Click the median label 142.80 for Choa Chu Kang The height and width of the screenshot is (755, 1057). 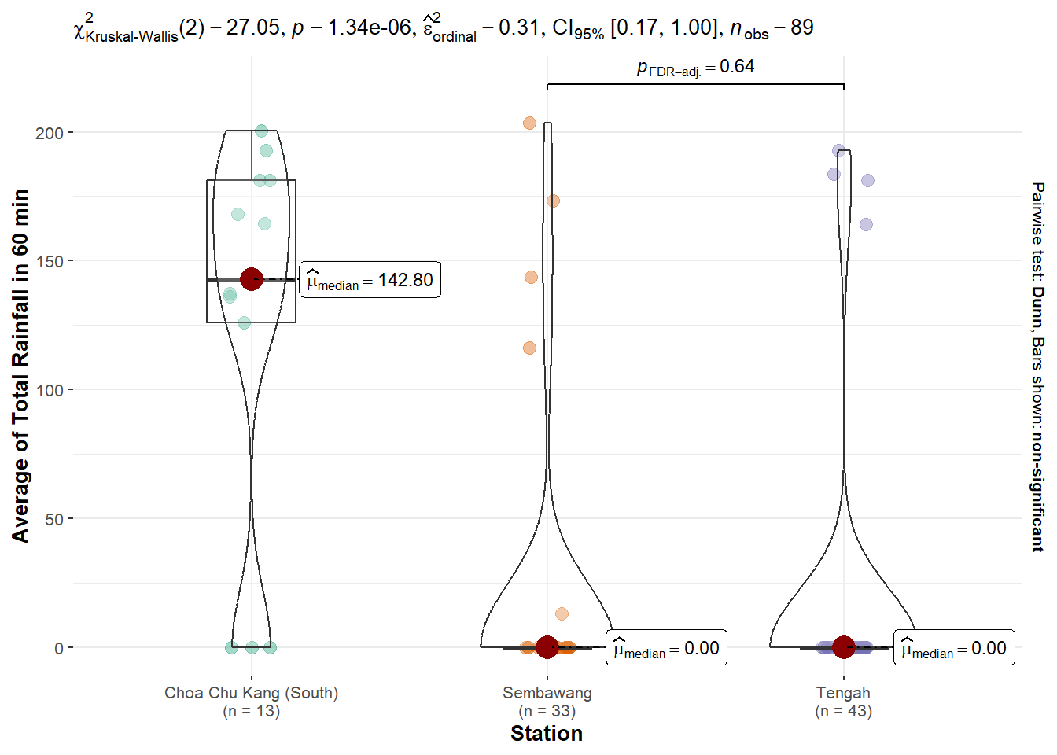[x=370, y=280]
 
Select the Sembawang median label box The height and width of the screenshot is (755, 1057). [x=666, y=648]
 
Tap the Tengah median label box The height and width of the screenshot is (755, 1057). [x=954, y=648]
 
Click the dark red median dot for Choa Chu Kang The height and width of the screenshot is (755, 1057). [x=252, y=279]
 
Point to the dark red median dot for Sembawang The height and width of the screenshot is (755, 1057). [x=547, y=647]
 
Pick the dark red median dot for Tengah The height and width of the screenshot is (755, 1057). [x=844, y=647]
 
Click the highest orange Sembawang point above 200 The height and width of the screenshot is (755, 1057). [x=529, y=123]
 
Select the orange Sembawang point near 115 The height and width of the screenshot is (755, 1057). [x=529, y=348]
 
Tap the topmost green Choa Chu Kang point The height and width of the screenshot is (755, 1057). [x=262, y=131]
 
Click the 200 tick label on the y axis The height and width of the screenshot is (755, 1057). [x=49, y=133]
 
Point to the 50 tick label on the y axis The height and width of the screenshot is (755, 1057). [x=53, y=519]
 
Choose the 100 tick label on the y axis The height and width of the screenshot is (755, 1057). [x=49, y=390]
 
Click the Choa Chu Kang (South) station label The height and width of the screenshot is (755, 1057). [x=252, y=693]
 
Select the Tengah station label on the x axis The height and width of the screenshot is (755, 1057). [x=843, y=693]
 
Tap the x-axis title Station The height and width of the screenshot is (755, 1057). [x=547, y=734]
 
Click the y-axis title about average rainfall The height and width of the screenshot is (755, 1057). [x=20, y=366]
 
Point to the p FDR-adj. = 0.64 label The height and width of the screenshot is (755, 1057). [x=695, y=68]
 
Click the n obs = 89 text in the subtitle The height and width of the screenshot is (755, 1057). [x=772, y=28]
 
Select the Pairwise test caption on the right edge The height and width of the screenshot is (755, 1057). [x=1038, y=366]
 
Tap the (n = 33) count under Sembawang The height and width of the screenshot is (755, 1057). [x=547, y=711]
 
